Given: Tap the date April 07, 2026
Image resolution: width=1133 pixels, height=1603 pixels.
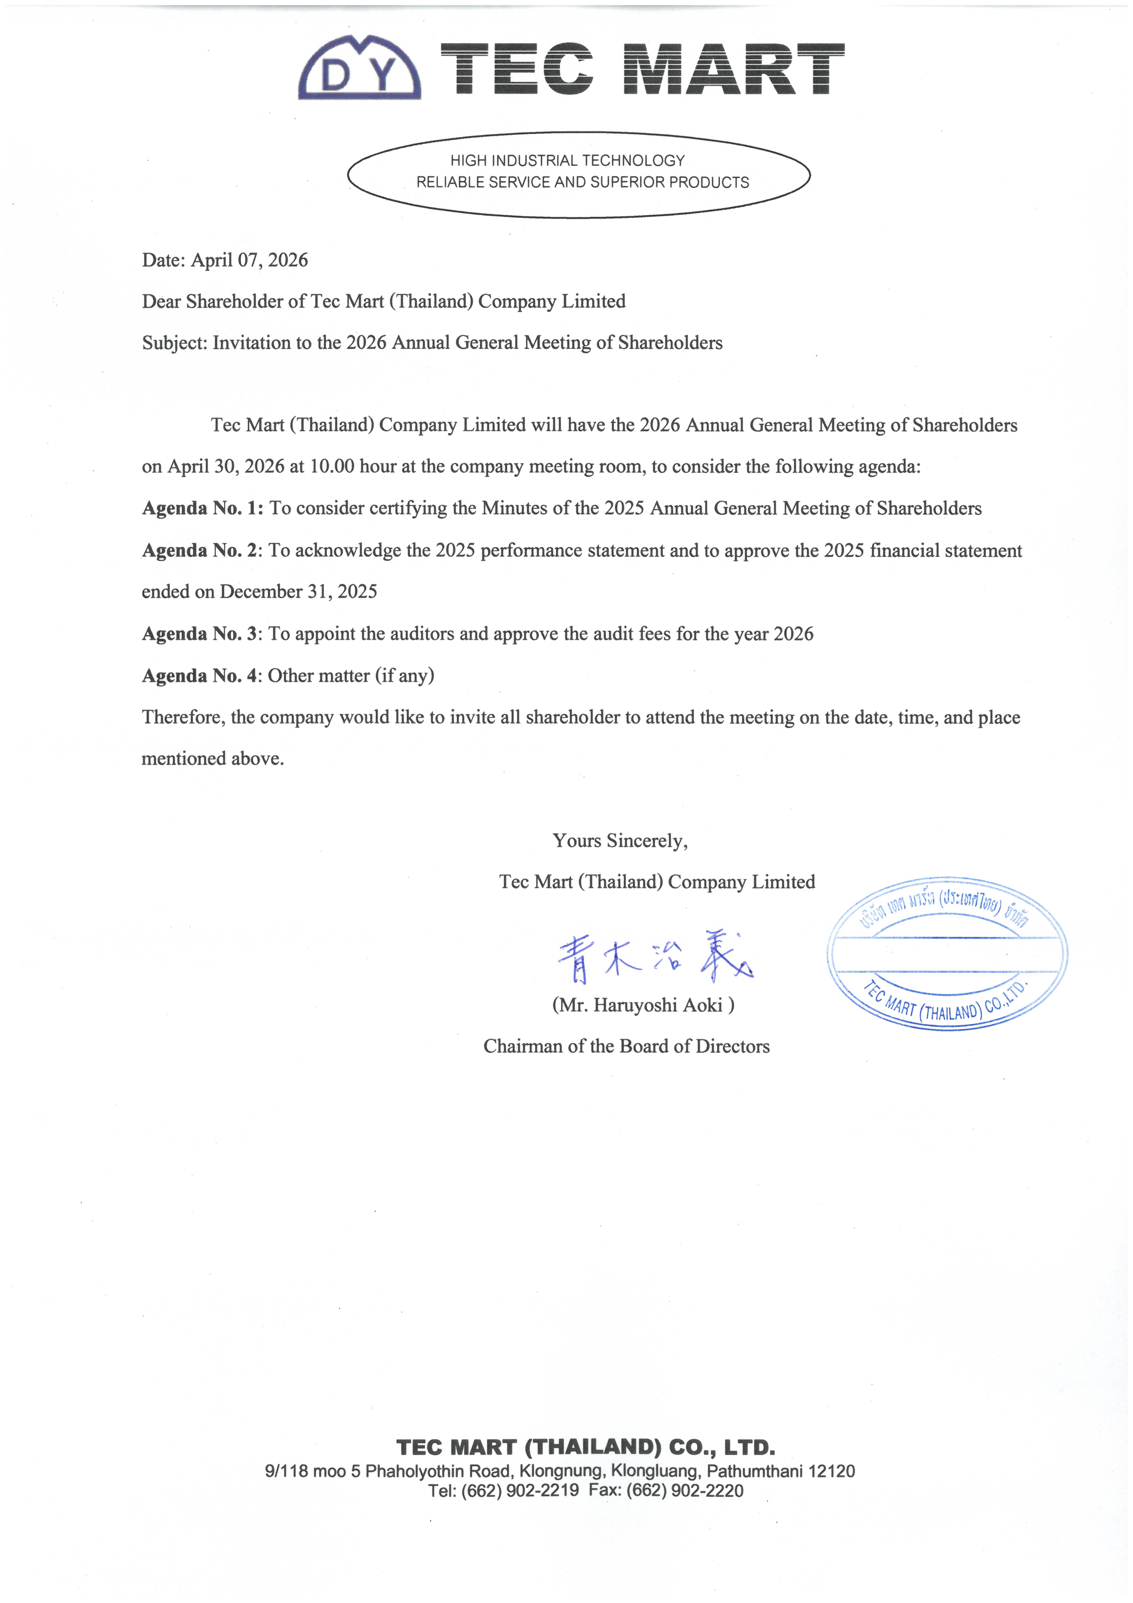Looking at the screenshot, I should tap(249, 261).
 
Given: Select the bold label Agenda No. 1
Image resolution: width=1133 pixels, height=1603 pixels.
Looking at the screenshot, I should tap(202, 508).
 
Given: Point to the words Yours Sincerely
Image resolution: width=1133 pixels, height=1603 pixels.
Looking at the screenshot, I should tap(620, 841).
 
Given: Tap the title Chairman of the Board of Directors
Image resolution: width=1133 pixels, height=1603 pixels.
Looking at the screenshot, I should tap(626, 1047).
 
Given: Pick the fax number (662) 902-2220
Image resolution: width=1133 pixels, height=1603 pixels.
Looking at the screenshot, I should tap(685, 1491).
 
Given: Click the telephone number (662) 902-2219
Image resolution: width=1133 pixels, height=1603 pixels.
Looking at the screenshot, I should tap(520, 1491).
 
